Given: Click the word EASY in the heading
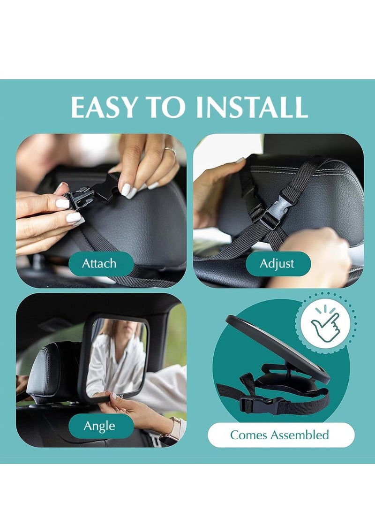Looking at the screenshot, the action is [x=104, y=107].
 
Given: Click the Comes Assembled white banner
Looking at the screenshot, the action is [x=281, y=435].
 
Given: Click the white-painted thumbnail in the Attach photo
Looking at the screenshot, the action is [x=63, y=203].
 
